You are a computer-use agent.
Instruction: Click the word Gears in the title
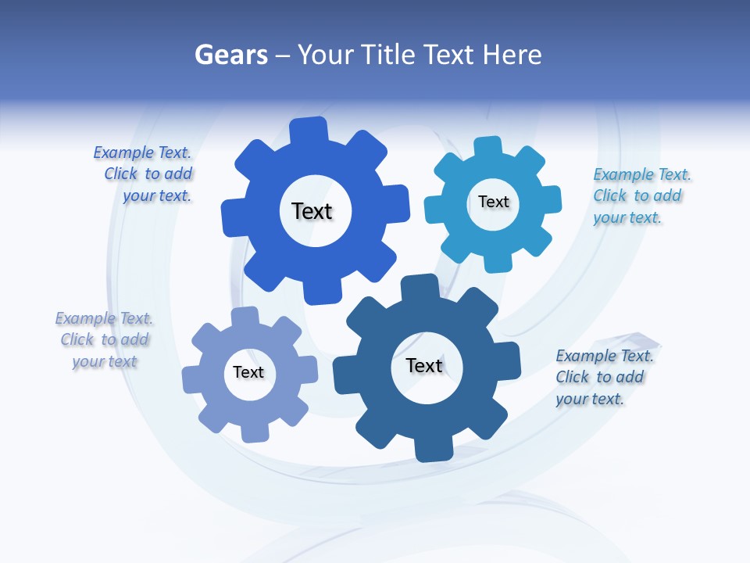(230, 55)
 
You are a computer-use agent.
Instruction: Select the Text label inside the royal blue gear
(312, 211)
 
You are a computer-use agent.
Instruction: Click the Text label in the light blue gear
(493, 202)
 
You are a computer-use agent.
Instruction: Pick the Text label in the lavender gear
(248, 372)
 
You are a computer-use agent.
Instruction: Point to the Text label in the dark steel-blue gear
(424, 365)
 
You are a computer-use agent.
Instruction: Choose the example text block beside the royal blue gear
(145, 174)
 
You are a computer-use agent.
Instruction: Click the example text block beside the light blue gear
(641, 196)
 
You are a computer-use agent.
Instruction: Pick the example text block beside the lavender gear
(104, 339)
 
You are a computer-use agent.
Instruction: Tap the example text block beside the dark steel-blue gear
(604, 377)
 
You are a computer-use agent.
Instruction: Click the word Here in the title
(512, 55)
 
